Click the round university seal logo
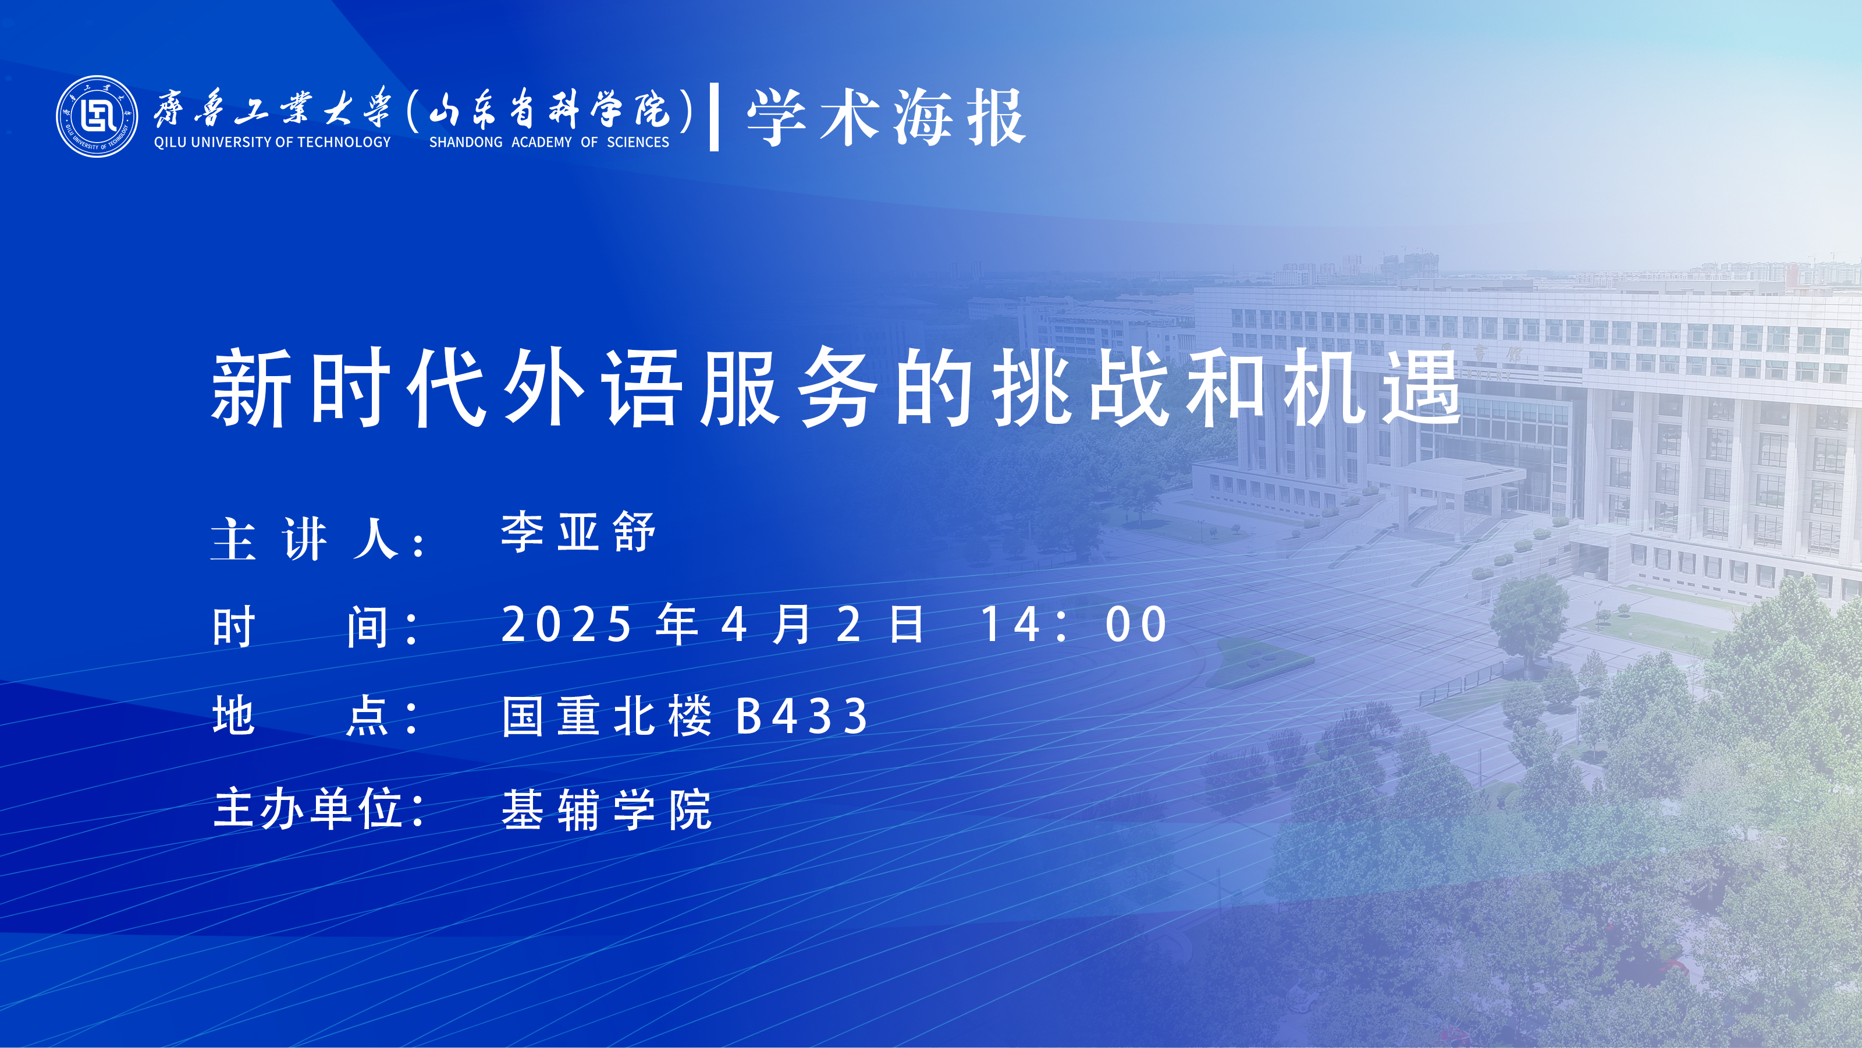click(97, 116)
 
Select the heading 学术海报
click(886, 118)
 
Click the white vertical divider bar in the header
click(714, 117)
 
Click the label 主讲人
click(318, 539)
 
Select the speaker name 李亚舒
click(578, 532)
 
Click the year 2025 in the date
click(567, 624)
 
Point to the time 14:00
click(1074, 624)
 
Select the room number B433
click(802, 716)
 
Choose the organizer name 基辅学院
click(607, 809)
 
